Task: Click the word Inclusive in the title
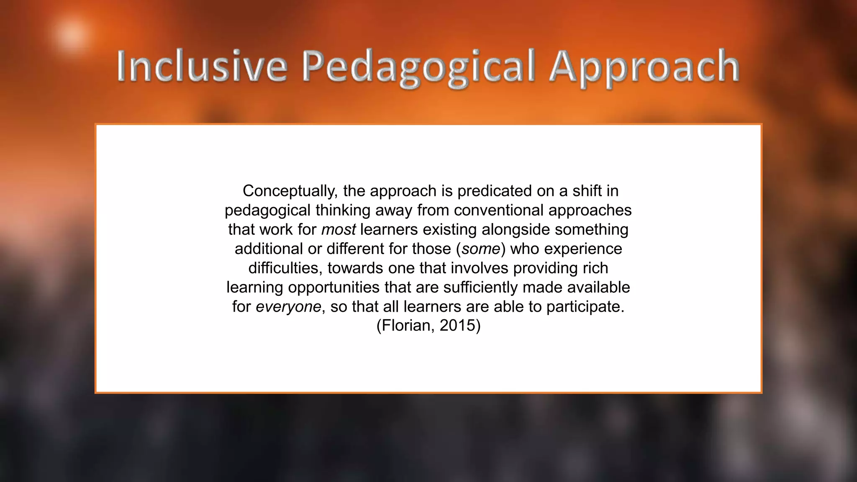[x=202, y=66]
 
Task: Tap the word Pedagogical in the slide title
[x=418, y=67]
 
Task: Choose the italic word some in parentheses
[x=481, y=249]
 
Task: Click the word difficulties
[x=285, y=268]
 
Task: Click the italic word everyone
[x=288, y=307]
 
